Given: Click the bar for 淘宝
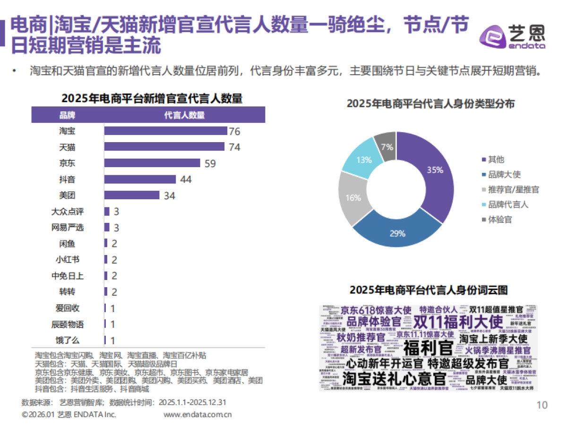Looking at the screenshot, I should (165, 131).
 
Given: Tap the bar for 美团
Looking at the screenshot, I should (132, 195).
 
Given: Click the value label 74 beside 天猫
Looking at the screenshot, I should (234, 147).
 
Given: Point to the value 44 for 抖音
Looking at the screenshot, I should (186, 179).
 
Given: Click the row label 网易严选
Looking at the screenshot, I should (67, 228).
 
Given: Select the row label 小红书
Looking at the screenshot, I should (67, 260).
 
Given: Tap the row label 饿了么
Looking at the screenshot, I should (67, 340).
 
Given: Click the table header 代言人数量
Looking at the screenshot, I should (184, 115).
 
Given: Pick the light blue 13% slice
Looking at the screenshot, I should (363, 158).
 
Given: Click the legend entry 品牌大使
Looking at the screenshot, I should (504, 174).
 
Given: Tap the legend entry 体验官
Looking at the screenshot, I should (499, 220).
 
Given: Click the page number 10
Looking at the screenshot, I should (542, 405).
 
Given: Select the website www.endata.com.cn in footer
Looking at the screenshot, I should (198, 415).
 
